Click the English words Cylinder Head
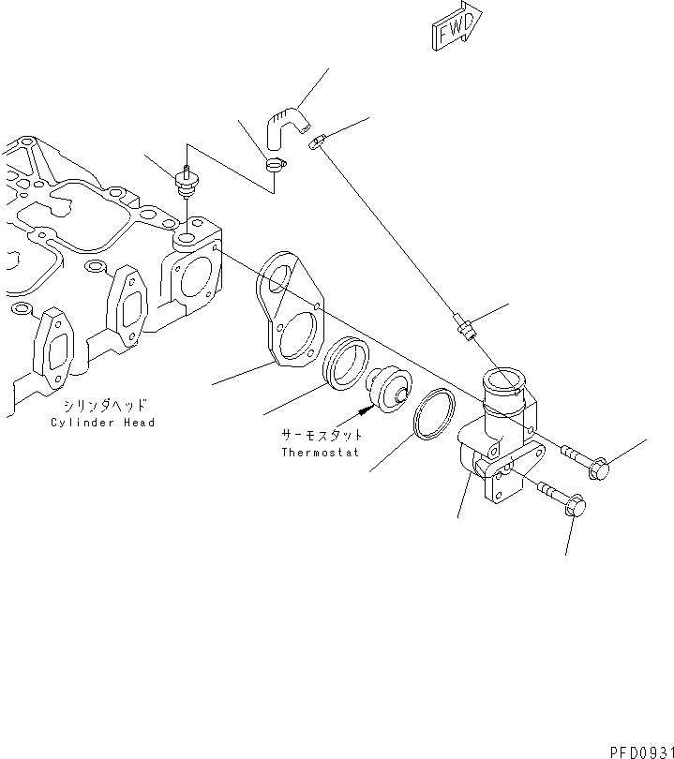tap(103, 423)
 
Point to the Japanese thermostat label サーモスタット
tap(322, 437)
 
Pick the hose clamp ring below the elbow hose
tap(274, 167)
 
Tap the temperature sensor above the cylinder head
tap(186, 181)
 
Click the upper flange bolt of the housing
tap(586, 462)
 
